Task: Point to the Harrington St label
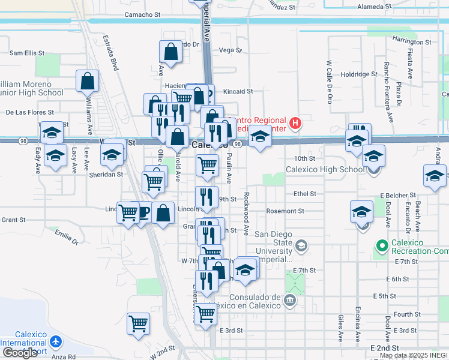click(x=411, y=42)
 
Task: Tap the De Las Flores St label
click(x=29, y=112)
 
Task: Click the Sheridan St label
click(x=107, y=175)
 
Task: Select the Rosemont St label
click(x=285, y=211)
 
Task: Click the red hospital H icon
click(x=295, y=124)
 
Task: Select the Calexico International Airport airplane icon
click(x=56, y=341)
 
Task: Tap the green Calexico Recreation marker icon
click(x=381, y=245)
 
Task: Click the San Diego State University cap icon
click(x=301, y=245)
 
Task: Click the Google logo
click(x=19, y=353)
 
